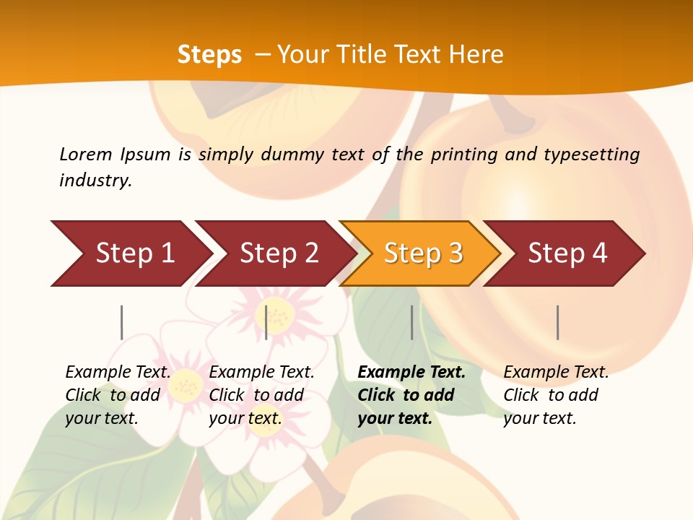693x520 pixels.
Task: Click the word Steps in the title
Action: [x=209, y=55]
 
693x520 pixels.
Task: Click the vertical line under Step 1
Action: [x=122, y=322]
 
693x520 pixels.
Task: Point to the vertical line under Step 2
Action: [x=266, y=322]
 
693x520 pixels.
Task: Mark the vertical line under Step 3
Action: [x=411, y=322]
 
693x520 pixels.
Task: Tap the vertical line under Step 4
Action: [x=557, y=322]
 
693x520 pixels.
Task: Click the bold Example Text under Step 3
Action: [x=411, y=373]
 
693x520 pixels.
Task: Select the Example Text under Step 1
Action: [x=118, y=373]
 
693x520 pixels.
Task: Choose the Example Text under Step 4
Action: [x=556, y=373]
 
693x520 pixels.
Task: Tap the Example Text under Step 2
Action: [x=261, y=373]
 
